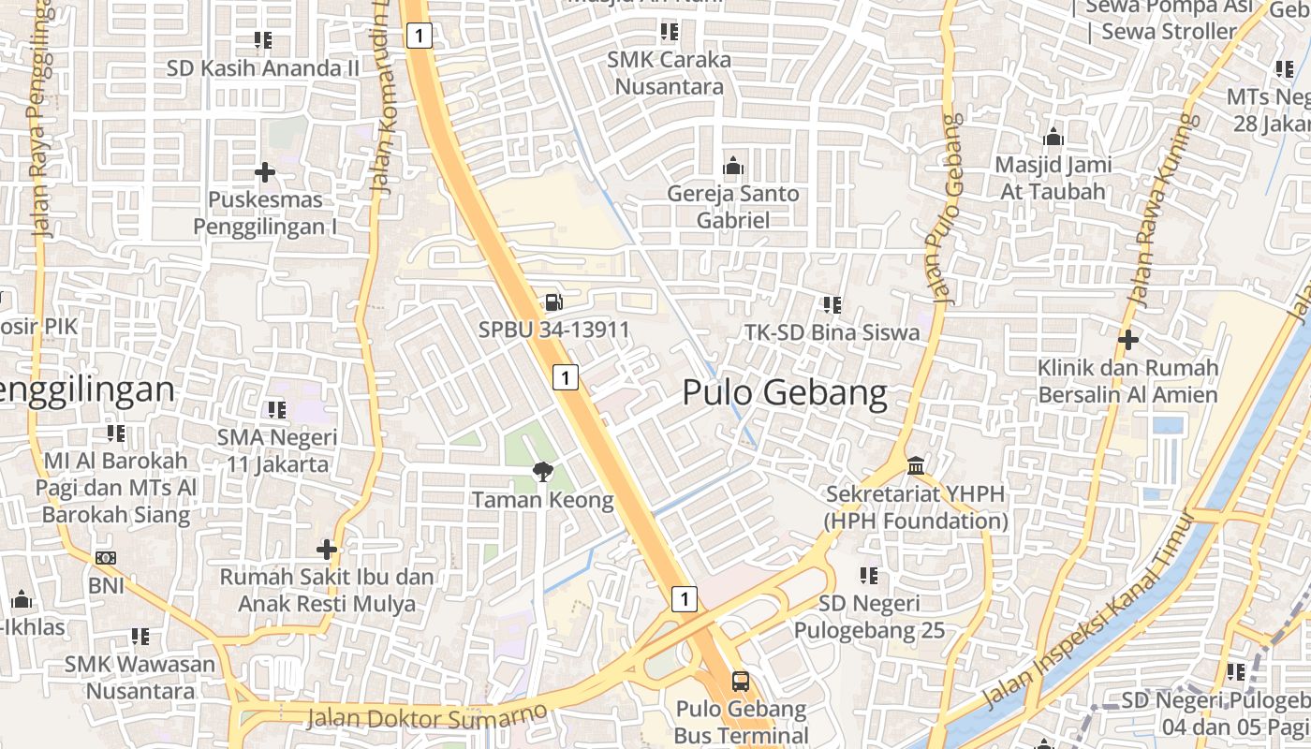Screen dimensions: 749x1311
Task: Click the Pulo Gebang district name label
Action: click(x=785, y=392)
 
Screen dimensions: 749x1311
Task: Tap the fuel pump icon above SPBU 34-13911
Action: click(x=553, y=301)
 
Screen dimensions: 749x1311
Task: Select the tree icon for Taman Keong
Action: click(x=542, y=471)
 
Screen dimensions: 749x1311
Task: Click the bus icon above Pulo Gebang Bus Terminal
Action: click(x=741, y=681)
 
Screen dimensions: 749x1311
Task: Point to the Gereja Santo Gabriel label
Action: click(x=733, y=207)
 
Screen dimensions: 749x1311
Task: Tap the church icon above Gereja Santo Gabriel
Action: click(x=733, y=167)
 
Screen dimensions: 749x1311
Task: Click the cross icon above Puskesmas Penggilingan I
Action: click(x=265, y=172)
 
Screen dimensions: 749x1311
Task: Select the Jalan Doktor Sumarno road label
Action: click(x=427, y=716)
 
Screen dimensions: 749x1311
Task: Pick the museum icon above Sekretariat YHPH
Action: click(x=916, y=465)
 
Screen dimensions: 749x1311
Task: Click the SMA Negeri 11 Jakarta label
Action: click(x=277, y=450)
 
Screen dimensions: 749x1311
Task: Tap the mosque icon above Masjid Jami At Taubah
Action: click(x=1053, y=138)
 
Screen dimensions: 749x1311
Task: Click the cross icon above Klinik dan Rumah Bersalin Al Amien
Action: click(x=1128, y=339)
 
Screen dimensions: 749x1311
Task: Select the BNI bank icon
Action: click(x=106, y=558)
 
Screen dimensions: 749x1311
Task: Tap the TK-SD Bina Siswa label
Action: click(x=832, y=332)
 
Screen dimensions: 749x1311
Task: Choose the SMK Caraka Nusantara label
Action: click(x=669, y=73)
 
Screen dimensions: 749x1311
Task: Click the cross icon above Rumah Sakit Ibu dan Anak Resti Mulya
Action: click(x=327, y=549)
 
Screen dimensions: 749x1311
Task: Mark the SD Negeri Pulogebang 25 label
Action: click(x=870, y=617)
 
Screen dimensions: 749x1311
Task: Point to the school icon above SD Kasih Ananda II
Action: click(x=263, y=40)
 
